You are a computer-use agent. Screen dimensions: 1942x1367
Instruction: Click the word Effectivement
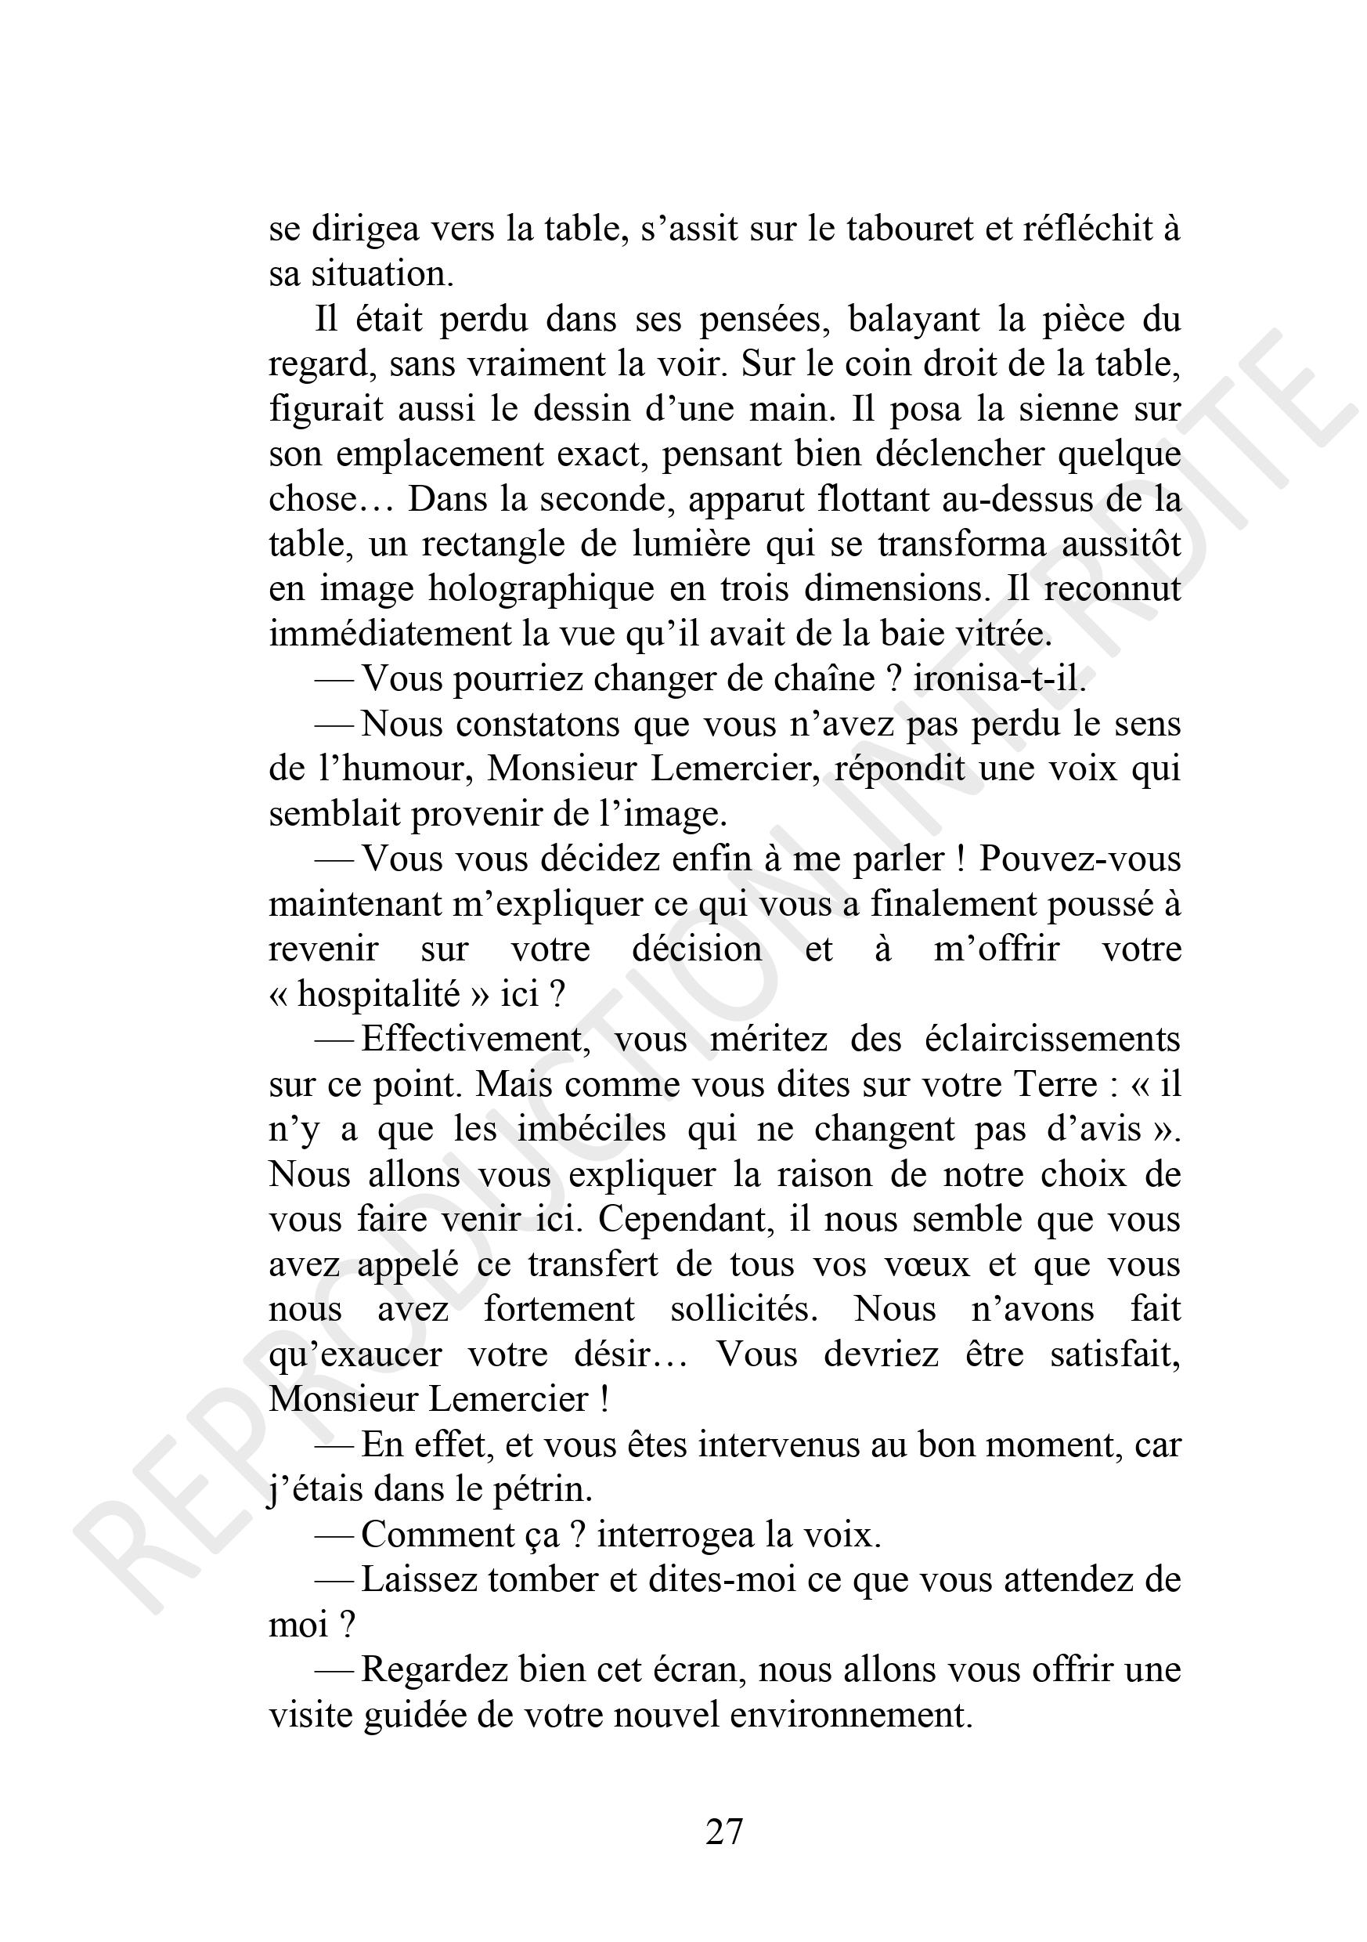pos(474,1040)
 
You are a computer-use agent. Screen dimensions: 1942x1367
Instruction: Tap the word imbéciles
pos(583,1130)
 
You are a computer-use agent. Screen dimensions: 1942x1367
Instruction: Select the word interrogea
pos(676,1535)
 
